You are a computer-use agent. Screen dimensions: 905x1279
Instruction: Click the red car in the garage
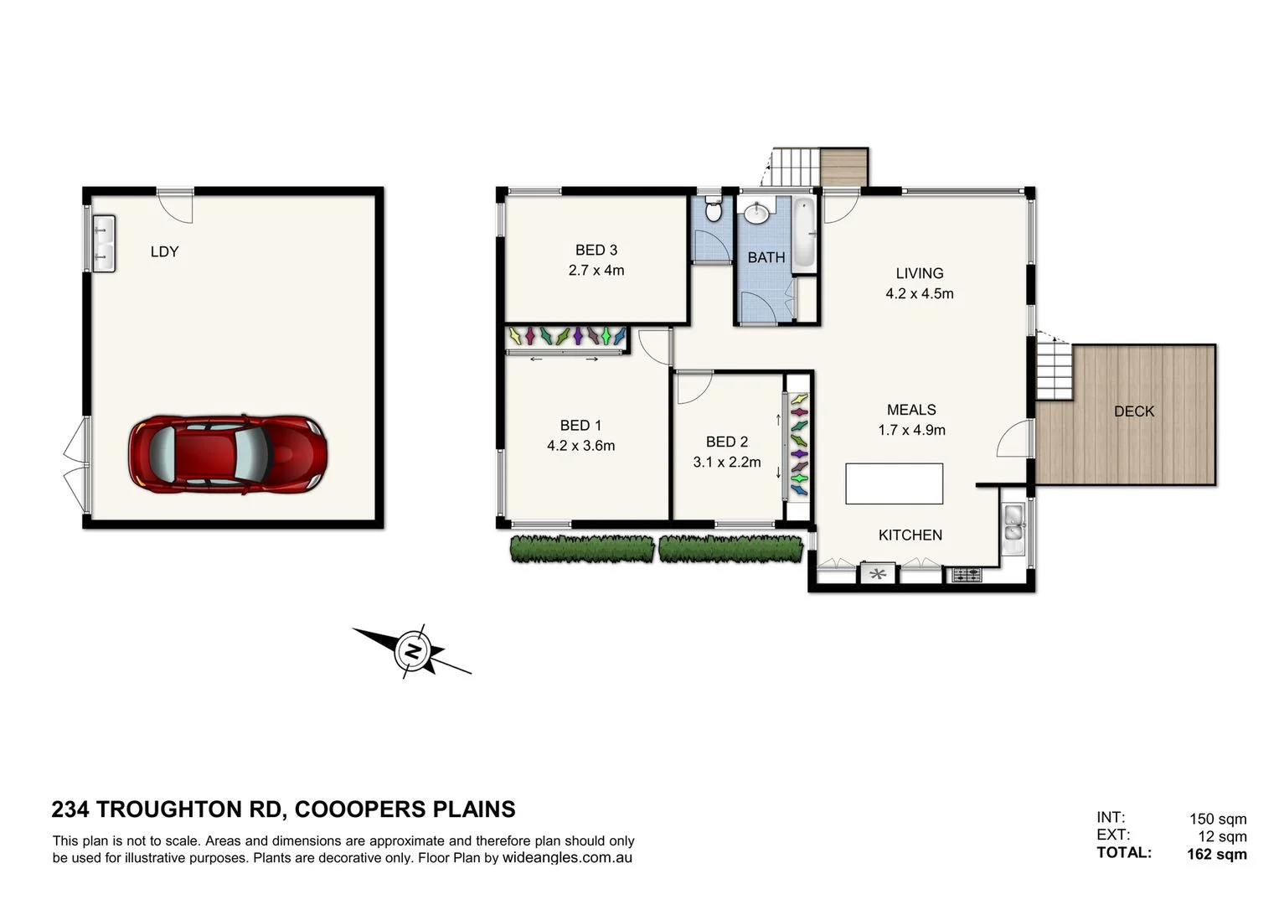pos(227,453)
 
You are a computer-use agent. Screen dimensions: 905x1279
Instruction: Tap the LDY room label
pos(164,251)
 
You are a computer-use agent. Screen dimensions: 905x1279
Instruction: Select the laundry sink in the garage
pos(104,243)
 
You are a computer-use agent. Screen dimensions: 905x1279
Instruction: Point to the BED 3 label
pos(596,250)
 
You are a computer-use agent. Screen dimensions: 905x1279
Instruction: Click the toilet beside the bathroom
pos(714,209)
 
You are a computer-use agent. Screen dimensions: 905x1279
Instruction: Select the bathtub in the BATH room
pos(802,232)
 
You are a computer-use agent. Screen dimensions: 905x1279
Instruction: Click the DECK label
pos(1133,411)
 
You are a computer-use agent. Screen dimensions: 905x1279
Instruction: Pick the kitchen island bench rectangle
pos(894,484)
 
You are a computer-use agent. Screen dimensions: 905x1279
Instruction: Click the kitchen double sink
pos(1013,529)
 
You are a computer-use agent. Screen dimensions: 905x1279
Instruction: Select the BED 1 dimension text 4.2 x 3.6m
pos(580,446)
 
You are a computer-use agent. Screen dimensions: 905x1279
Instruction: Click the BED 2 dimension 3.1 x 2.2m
pos(726,462)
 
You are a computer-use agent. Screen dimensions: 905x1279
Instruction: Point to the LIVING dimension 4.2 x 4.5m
pos(919,293)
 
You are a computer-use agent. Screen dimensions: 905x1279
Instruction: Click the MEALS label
pos(911,410)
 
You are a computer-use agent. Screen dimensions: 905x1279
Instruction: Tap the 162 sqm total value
pos(1216,854)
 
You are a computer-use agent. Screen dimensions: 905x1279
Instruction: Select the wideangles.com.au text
pos(567,858)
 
